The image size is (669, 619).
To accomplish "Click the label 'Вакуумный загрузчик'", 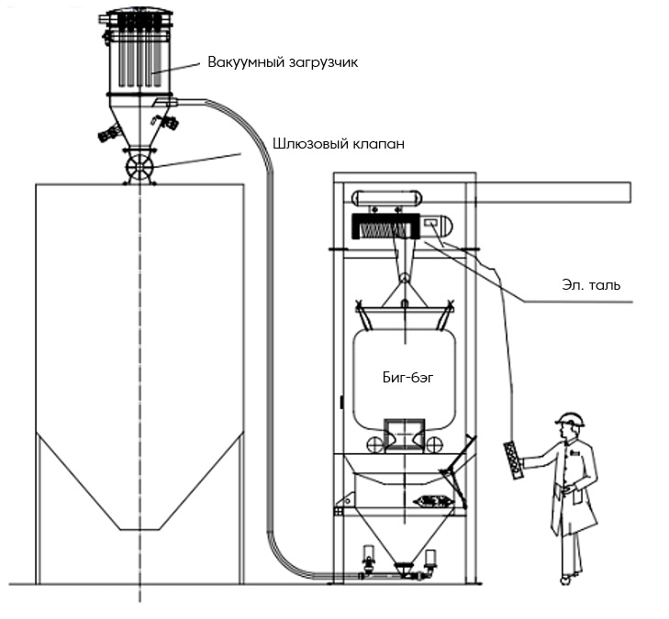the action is point(283,62).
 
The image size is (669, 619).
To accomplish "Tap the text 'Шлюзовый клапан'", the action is point(339,144).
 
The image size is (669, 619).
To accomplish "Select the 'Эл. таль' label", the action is point(591,285).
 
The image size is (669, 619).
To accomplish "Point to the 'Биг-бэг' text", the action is point(407,377).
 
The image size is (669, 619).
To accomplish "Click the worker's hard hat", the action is point(571,419).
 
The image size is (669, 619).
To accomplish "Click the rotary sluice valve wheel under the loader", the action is point(139,167).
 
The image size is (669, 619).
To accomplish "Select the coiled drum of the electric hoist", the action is point(385,227).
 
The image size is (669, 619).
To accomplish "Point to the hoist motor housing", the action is point(437,227).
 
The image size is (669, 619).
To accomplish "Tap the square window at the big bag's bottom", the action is point(404,435).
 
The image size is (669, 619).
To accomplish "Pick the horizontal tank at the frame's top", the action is point(386,198).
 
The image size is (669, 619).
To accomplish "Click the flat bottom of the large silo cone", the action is point(139,530).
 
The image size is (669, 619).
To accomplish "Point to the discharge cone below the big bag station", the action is point(403,538).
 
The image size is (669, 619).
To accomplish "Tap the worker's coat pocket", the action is point(577,498).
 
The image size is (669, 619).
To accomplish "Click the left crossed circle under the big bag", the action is point(375,445).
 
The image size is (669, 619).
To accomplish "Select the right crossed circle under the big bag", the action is point(433,445).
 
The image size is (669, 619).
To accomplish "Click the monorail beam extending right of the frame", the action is point(553,192).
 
